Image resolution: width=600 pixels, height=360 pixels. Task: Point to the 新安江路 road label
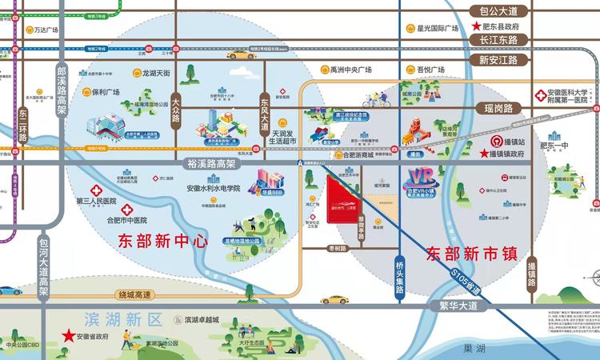click(x=498, y=59)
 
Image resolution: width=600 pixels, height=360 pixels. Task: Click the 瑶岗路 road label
click(x=505, y=108)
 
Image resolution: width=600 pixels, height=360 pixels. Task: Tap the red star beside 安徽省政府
click(x=70, y=334)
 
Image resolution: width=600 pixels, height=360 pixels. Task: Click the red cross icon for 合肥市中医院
click(x=127, y=210)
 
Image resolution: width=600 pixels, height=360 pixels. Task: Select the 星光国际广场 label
click(x=436, y=30)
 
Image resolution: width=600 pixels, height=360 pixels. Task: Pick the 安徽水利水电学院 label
click(x=213, y=189)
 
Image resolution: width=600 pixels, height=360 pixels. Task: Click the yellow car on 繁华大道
click(x=335, y=300)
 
